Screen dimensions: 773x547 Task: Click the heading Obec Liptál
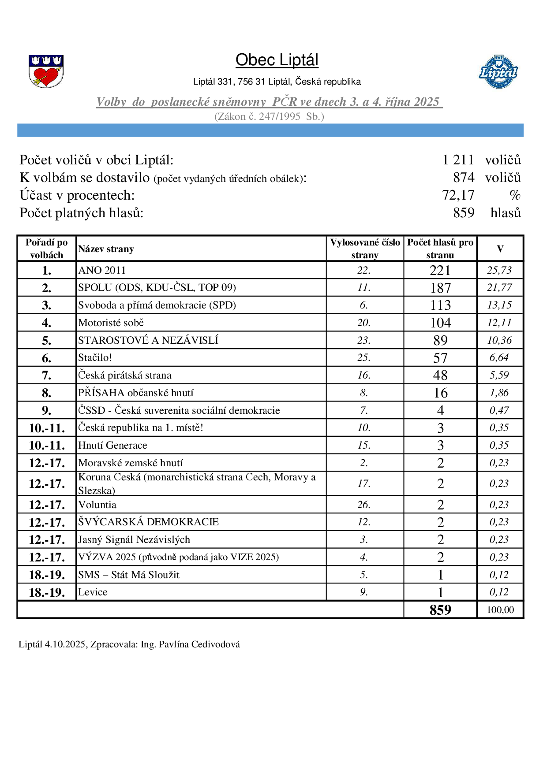point(277,60)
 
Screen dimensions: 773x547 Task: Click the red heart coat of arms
point(46,71)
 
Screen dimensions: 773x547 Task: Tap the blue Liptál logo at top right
point(498,71)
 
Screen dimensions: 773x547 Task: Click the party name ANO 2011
point(102,270)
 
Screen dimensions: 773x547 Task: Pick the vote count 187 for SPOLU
point(440,288)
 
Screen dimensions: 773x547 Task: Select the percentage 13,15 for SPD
point(499,305)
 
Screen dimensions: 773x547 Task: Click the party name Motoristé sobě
point(111,323)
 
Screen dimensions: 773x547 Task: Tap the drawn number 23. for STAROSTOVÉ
point(363,340)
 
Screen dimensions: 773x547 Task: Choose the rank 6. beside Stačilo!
point(46,358)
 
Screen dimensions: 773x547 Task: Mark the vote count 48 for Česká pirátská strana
point(440,375)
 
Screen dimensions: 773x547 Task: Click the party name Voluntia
point(97,505)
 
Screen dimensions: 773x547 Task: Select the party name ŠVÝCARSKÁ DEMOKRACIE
point(148,522)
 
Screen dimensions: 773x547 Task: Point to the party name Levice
point(93,592)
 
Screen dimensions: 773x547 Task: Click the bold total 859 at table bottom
point(440,610)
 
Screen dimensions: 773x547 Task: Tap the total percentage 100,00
point(500,610)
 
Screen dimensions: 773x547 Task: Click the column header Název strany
point(106,249)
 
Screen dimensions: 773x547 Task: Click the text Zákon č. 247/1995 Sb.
point(269,116)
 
